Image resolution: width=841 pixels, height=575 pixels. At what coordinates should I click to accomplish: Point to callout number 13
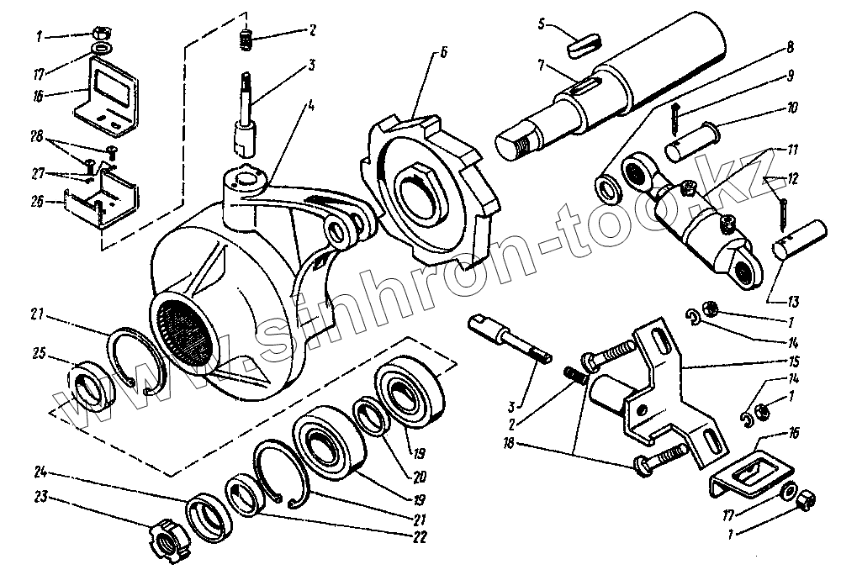click(792, 301)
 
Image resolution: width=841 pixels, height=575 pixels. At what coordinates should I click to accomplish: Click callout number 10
click(793, 109)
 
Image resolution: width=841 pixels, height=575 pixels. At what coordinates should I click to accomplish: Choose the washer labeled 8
click(604, 186)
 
